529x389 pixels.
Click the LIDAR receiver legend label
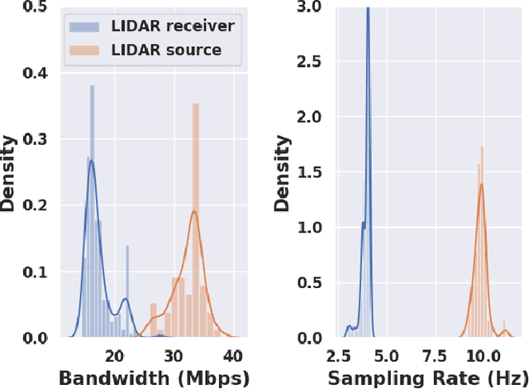[x=176, y=26]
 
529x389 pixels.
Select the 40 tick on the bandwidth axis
[x=234, y=356]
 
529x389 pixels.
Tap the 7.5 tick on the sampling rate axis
[x=434, y=356]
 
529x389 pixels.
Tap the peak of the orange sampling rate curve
[x=481, y=185]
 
